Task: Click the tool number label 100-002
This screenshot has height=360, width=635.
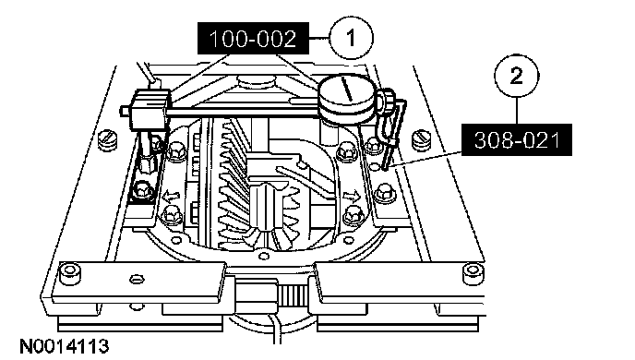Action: point(253,39)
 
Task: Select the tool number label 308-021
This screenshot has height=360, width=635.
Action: point(517,140)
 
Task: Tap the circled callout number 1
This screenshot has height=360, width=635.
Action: point(351,38)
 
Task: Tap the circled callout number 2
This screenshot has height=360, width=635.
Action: point(516,76)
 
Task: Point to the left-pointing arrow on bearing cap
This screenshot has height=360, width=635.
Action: point(172,197)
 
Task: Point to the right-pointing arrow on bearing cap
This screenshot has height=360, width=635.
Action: point(351,197)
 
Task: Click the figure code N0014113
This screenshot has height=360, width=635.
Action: point(65,347)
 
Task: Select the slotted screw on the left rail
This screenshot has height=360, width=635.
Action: point(107,139)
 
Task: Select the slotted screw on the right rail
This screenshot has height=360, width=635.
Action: point(422,139)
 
